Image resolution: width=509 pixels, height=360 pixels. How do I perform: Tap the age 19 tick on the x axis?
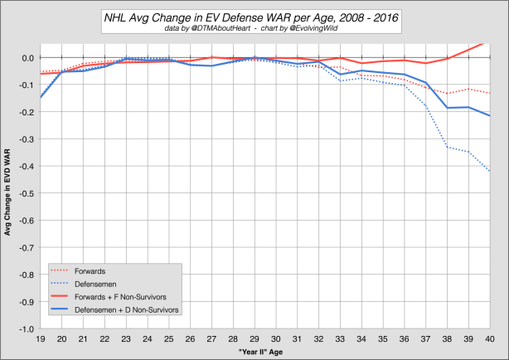tap(41, 338)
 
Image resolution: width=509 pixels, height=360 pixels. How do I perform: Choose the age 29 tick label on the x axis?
tap(254, 338)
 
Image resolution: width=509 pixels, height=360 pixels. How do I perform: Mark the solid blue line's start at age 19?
tap(41, 98)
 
